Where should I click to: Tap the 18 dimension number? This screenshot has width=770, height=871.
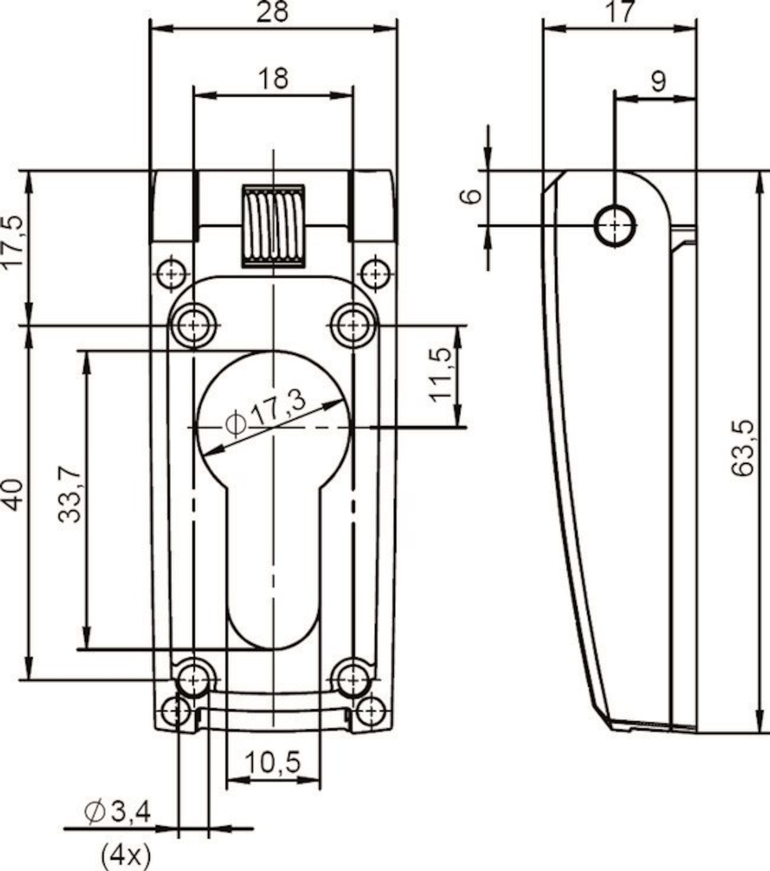[273, 78]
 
